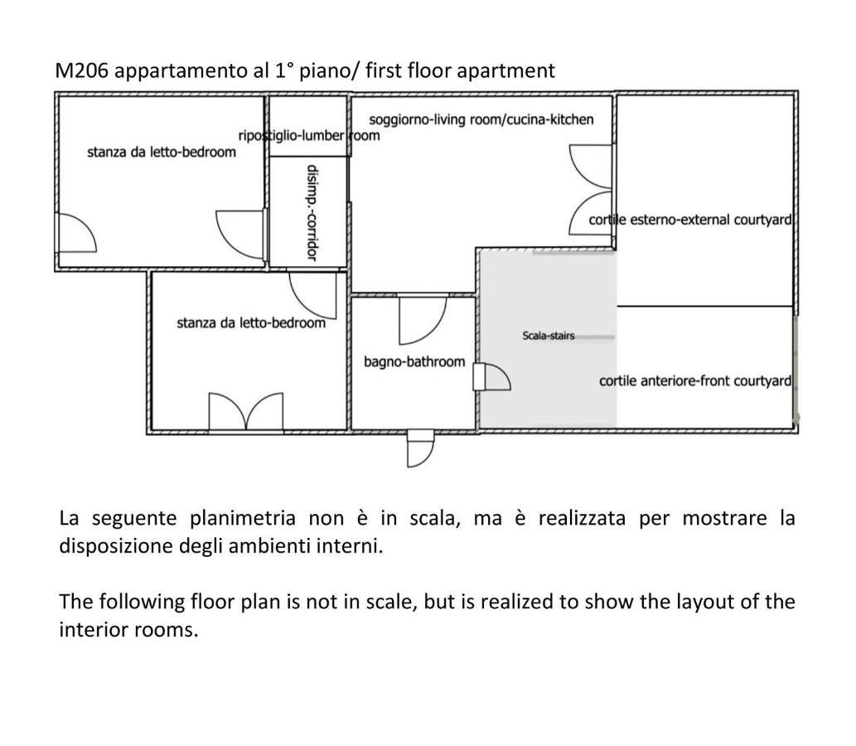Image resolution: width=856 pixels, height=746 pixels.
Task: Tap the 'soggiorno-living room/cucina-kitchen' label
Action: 481,119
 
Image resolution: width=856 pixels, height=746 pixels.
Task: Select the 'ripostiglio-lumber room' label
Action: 309,135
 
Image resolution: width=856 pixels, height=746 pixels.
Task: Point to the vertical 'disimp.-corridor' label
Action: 312,213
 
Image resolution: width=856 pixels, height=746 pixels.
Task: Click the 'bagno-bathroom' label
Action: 414,361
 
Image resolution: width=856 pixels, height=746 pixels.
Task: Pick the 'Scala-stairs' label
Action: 548,336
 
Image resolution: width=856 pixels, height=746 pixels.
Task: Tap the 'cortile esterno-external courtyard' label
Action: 690,220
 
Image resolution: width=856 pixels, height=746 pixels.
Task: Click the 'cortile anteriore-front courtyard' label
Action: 695,380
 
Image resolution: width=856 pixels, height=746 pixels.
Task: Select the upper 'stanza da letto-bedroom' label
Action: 162,152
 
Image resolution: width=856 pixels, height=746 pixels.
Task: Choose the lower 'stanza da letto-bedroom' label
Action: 251,322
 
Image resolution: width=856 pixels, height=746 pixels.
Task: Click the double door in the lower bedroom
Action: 246,410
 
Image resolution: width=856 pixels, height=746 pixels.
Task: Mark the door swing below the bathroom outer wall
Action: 420,449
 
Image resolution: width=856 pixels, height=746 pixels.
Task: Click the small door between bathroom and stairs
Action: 491,377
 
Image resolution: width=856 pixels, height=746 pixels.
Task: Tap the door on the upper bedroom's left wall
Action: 77,233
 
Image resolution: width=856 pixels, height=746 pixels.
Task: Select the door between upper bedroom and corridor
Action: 240,234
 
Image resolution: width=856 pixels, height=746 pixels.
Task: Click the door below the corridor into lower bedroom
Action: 312,295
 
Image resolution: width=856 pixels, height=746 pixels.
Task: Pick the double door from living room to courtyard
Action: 591,190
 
